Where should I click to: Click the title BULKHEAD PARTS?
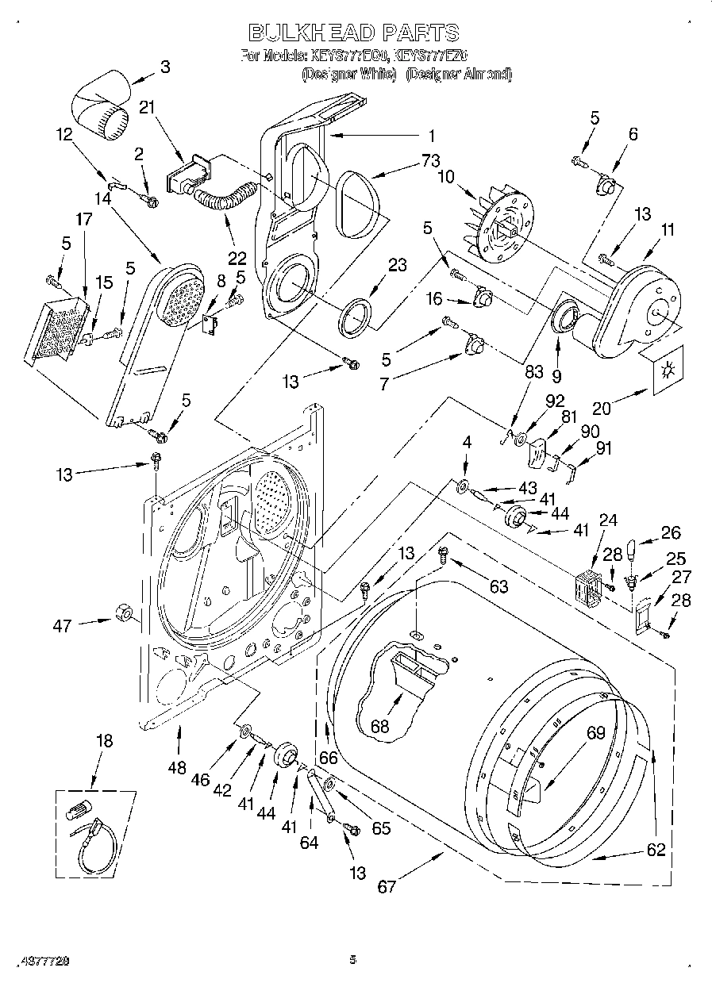pos(353,33)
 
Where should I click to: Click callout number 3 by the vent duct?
pos(164,67)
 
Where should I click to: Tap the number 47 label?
pos(63,626)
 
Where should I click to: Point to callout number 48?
pos(178,767)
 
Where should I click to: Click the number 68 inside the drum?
pos(380,725)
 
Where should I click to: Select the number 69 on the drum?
pos(595,734)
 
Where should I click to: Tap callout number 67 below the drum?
pos(387,886)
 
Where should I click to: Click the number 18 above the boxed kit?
pos(104,740)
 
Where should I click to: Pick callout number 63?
pos(498,586)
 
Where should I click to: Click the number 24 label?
pos(608,520)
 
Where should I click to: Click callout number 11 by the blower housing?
pos(668,230)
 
